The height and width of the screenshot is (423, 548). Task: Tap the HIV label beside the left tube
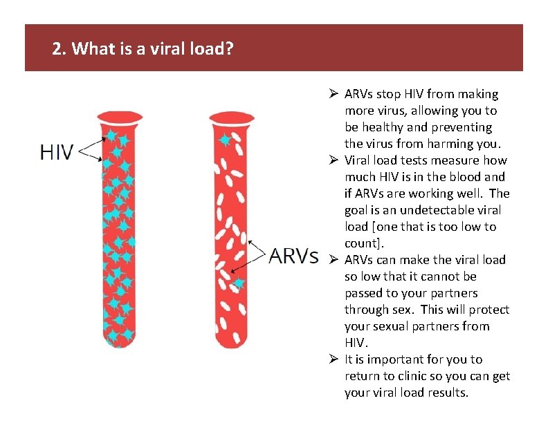pos(57,152)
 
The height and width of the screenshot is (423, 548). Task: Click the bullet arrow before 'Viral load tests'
pos(333,160)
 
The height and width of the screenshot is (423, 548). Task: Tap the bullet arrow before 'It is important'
pos(333,359)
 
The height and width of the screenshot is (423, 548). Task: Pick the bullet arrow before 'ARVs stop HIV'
pos(333,94)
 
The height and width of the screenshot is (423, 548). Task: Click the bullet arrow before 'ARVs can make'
pos(333,260)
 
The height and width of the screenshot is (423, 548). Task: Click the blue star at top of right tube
pos(224,140)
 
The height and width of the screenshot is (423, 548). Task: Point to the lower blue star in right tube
pos(239,283)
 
